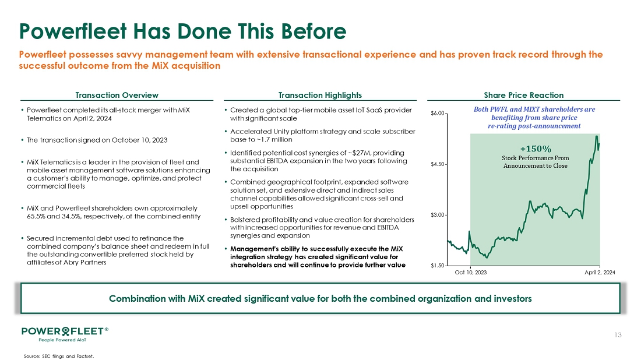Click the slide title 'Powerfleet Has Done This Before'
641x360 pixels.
182,30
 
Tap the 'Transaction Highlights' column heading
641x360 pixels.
320,95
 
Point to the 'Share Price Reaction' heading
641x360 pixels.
524,95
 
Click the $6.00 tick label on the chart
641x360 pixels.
438,113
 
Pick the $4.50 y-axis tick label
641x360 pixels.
438,164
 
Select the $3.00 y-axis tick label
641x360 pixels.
438,216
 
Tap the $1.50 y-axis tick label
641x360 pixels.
438,266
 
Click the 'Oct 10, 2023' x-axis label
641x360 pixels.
470,272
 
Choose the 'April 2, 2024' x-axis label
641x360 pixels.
599,272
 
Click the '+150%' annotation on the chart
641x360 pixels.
535,147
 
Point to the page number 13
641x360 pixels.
619,335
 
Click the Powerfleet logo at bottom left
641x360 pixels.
64,331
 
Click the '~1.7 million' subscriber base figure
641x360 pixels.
273,140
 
